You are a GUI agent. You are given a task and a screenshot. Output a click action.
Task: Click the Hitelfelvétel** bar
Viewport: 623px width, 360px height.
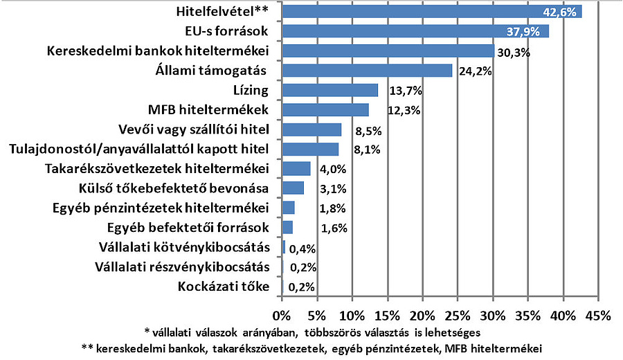click(x=432, y=12)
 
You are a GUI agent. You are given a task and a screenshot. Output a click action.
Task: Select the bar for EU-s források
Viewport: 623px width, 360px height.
click(x=415, y=31)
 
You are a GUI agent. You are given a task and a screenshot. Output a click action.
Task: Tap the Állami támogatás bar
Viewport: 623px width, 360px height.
click(x=367, y=71)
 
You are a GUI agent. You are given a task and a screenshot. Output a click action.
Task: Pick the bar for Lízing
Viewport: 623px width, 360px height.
click(x=330, y=90)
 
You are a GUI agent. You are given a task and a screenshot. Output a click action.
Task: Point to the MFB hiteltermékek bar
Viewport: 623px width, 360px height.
click(x=325, y=110)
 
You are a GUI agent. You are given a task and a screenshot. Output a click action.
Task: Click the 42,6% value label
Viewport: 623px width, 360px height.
click(x=564, y=12)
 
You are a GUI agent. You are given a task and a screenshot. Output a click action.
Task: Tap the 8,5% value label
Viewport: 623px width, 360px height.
click(x=360, y=130)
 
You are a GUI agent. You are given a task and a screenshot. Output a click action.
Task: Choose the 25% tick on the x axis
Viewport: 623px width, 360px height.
click(x=457, y=315)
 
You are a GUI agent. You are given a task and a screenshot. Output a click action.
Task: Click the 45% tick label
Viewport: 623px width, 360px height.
click(x=597, y=315)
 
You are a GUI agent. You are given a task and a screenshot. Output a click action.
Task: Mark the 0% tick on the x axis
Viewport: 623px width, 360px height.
click(x=282, y=315)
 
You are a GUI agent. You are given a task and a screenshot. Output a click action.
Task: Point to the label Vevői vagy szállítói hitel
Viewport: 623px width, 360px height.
click(x=194, y=129)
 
